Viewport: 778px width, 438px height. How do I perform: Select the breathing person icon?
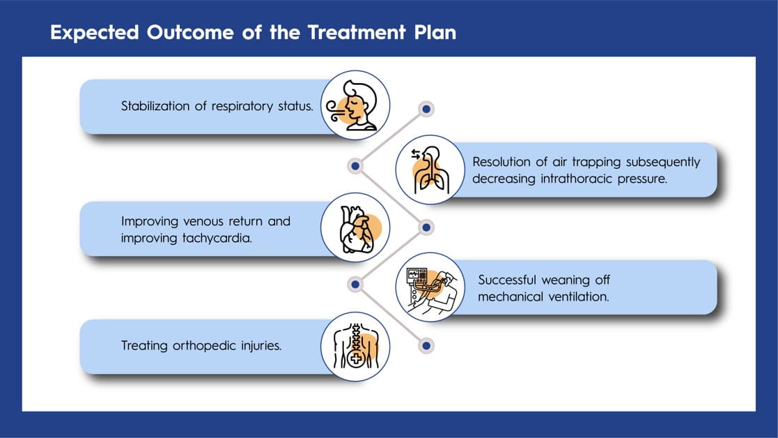355,105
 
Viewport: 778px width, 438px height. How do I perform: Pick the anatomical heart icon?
355,228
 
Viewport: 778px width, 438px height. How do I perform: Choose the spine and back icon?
355,346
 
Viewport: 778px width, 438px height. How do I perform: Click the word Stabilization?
155,107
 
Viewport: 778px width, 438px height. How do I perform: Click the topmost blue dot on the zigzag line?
427,109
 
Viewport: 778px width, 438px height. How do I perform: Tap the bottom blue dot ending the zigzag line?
427,345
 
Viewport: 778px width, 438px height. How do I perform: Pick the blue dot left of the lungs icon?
356,166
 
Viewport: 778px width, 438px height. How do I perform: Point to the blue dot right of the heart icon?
427,227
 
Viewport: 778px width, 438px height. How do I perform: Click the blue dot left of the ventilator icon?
356,285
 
